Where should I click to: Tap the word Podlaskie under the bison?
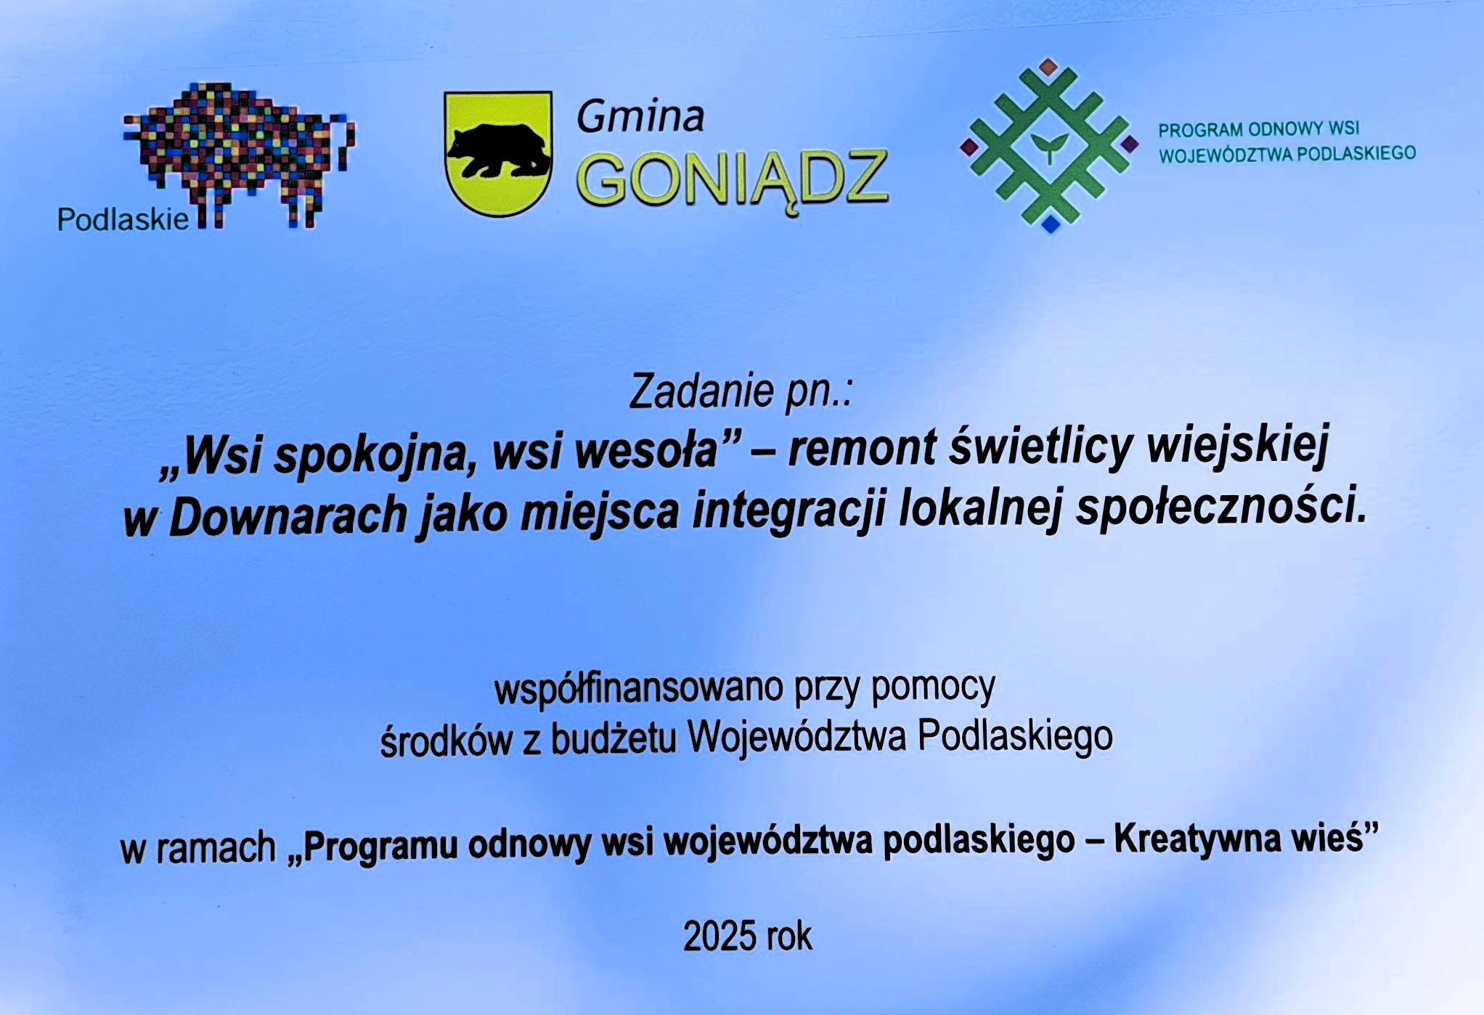(x=123, y=219)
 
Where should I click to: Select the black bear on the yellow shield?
(x=498, y=150)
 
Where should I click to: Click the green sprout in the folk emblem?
(x=1049, y=147)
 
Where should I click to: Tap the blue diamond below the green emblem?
(x=1051, y=224)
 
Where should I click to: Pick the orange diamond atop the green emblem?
(x=1048, y=68)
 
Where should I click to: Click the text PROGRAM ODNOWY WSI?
(x=1258, y=129)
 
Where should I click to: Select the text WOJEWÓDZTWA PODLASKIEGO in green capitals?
(x=1287, y=154)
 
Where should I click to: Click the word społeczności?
(x=1222, y=507)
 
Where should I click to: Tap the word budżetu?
(x=613, y=739)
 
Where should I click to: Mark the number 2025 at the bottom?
(x=719, y=936)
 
